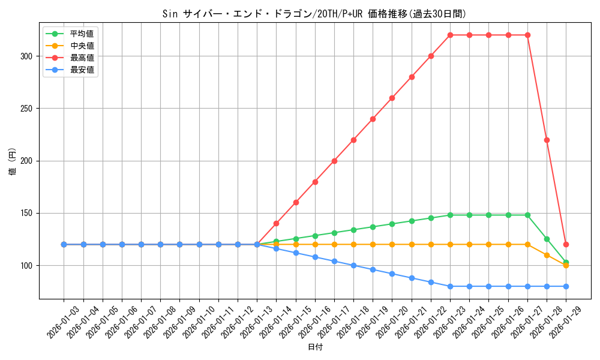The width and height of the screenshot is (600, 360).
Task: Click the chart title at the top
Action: point(314,14)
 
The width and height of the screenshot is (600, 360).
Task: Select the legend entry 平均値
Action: point(82,34)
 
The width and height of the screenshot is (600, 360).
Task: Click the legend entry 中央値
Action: point(82,46)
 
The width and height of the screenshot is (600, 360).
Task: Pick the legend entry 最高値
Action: point(82,58)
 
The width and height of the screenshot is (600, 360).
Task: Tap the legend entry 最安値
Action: point(82,70)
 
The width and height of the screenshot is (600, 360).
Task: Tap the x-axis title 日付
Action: point(315,347)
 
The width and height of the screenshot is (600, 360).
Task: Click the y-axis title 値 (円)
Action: point(13,161)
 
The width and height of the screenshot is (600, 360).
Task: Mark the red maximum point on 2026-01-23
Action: point(450,35)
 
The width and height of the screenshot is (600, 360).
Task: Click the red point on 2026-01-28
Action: point(547,140)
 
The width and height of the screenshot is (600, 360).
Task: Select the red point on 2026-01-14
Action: point(276,223)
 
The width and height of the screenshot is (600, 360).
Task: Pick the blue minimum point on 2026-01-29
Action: point(566,286)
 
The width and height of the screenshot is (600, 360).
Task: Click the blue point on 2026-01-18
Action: point(353,265)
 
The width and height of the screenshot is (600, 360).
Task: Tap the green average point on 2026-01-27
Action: point(527,215)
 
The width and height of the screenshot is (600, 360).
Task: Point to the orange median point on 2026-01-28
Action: point(547,255)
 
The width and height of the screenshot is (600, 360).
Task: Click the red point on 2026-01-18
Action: point(353,140)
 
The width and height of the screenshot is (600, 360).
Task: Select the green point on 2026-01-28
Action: point(547,239)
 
